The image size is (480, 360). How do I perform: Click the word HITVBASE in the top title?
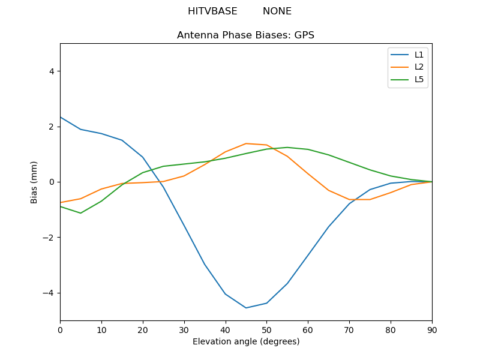(x=212, y=11)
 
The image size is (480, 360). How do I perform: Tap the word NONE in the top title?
(x=277, y=11)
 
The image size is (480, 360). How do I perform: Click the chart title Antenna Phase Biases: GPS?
(x=245, y=35)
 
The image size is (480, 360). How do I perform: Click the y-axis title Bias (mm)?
(x=34, y=182)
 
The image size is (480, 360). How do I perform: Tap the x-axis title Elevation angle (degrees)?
(x=246, y=341)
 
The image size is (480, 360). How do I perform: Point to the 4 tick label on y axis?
(x=51, y=71)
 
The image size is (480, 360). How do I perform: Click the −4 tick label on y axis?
(x=49, y=293)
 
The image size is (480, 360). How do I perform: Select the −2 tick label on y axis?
(x=49, y=238)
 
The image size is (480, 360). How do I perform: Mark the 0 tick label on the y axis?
(x=51, y=182)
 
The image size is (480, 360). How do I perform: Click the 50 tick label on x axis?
(x=266, y=329)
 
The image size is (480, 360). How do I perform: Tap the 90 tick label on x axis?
(x=432, y=329)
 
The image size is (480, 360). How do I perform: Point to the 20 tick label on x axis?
(x=143, y=329)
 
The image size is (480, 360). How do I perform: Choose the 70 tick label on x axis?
(x=349, y=329)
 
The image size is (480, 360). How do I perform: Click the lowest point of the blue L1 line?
(x=246, y=308)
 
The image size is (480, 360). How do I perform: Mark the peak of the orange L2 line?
(x=246, y=143)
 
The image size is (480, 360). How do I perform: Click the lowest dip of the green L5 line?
(x=80, y=213)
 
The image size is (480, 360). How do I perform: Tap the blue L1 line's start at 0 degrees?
(x=61, y=117)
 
